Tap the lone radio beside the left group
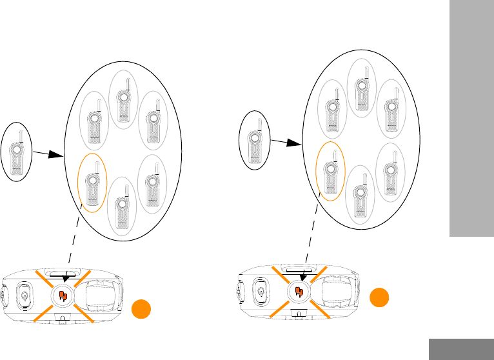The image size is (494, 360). click(x=17, y=152)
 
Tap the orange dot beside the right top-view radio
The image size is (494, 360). click(x=380, y=298)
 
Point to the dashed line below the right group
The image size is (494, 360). click(x=311, y=232)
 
